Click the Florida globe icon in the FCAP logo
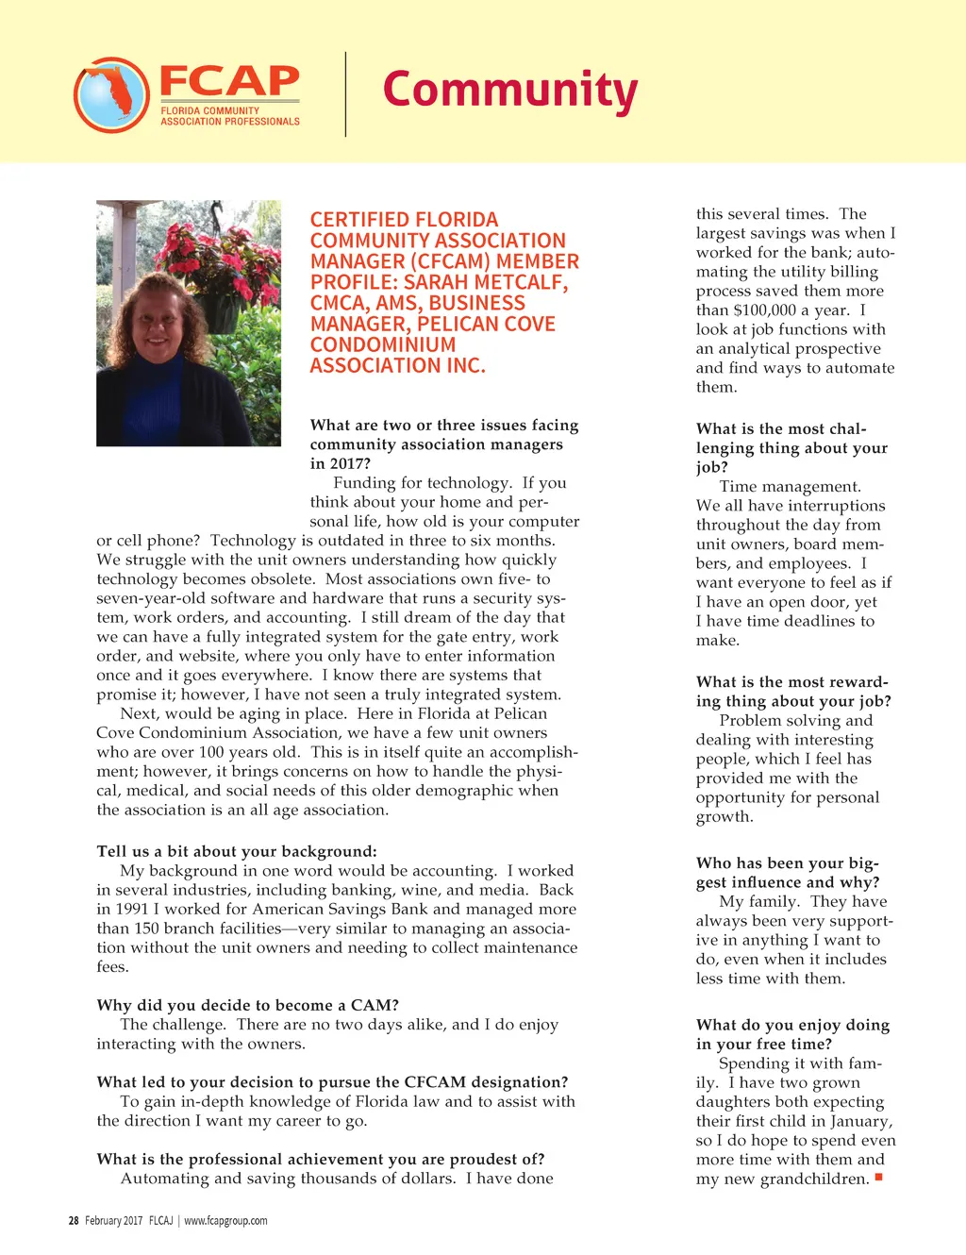(x=111, y=94)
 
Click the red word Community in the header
(x=509, y=91)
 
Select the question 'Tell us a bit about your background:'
(x=236, y=851)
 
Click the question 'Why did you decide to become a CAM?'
(x=247, y=1005)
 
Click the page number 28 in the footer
(x=74, y=1220)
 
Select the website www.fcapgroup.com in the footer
(x=225, y=1220)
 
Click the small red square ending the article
(x=878, y=1177)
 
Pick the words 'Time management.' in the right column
(x=790, y=487)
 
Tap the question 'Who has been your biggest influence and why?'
(x=788, y=873)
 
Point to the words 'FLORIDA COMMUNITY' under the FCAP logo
(x=209, y=110)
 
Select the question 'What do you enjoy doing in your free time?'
(x=792, y=1034)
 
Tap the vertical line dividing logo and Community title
(x=345, y=94)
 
